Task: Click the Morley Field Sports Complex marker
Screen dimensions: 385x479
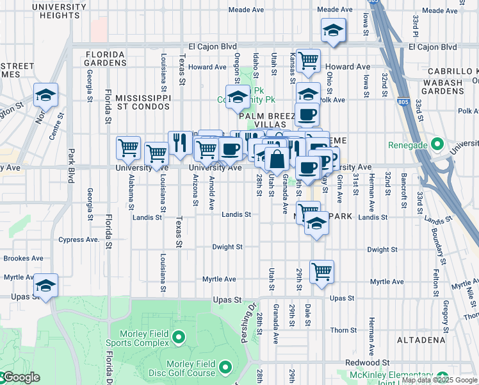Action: [x=179, y=336]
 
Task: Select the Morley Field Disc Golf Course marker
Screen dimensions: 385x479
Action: [x=225, y=367]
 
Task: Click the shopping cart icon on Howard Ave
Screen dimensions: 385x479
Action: [x=309, y=61]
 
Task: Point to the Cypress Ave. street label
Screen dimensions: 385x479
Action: [x=79, y=240]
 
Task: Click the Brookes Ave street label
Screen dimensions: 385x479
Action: [x=23, y=259]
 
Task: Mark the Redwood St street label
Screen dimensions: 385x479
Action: [x=367, y=363]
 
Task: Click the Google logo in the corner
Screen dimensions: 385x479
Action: [x=20, y=377]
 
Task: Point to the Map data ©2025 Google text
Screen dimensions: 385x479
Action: [x=439, y=380]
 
